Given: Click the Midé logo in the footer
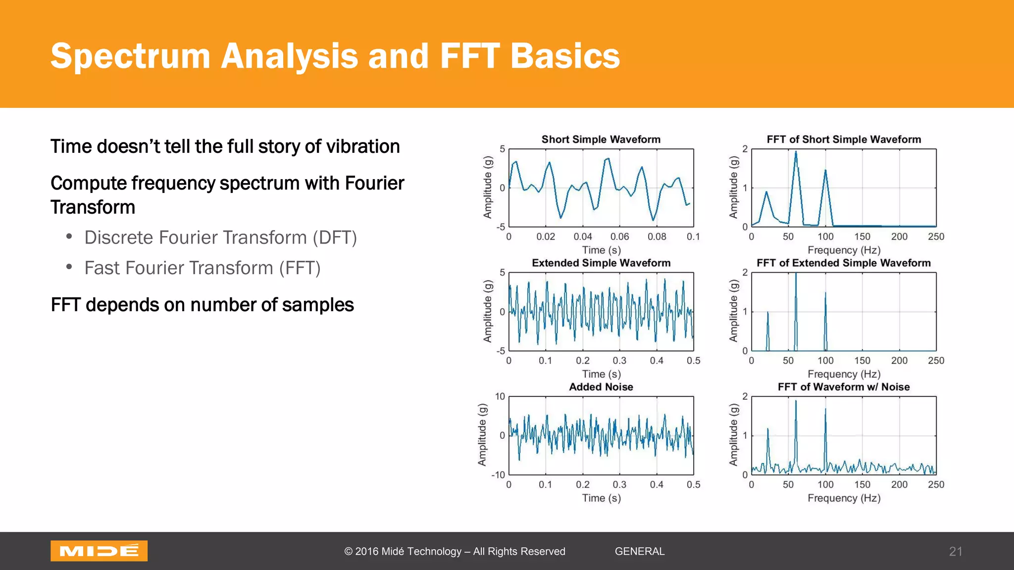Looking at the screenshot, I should [99, 551].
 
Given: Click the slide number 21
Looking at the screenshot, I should [956, 551].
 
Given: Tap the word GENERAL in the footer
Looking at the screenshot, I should [639, 551].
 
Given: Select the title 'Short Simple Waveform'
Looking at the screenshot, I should [601, 140].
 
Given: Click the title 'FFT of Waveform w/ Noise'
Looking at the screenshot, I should [843, 387].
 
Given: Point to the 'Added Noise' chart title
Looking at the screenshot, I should [601, 387].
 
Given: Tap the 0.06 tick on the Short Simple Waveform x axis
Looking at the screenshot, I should [619, 237].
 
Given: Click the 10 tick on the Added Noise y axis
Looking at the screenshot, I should [500, 396].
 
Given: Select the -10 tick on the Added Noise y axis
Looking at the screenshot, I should [498, 475].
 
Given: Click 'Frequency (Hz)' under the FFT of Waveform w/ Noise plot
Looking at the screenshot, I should [844, 498].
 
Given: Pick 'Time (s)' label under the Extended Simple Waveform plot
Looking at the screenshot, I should [601, 374].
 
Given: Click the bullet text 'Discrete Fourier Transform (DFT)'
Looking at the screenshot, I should [220, 237].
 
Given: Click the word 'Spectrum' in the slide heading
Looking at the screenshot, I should [131, 56].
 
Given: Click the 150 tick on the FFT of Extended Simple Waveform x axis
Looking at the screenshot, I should [862, 361].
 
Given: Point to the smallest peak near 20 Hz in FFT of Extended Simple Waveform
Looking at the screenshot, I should [767, 314].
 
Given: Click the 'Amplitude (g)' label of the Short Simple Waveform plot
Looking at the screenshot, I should [488, 188].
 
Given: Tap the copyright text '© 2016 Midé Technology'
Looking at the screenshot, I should [403, 551].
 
